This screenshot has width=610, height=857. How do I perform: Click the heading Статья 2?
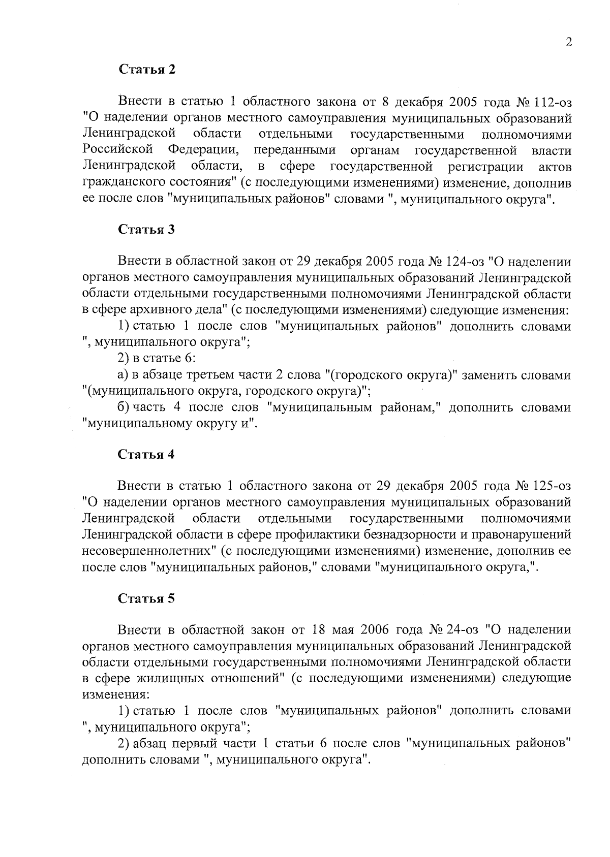point(147,70)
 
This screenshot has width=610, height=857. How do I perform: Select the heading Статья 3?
point(146,230)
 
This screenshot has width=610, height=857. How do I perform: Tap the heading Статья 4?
point(146,454)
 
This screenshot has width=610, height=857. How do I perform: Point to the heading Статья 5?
point(146,598)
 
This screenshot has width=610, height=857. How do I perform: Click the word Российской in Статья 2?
point(117,150)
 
